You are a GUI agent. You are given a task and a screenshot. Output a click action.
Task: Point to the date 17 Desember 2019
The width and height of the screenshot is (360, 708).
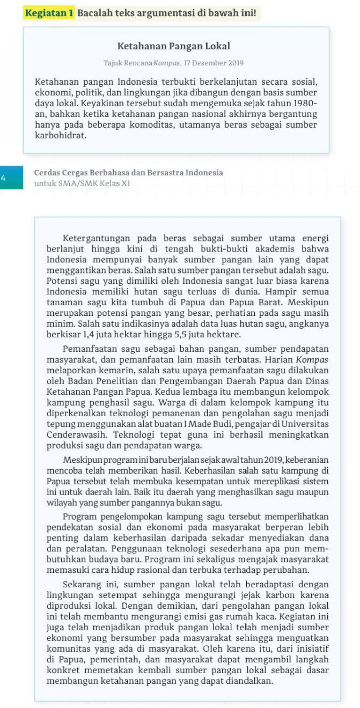(x=206, y=63)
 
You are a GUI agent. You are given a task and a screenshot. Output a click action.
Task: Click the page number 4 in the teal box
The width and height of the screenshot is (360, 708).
(x=4, y=178)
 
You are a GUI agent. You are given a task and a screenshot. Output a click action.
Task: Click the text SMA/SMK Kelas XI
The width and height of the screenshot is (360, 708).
(x=93, y=183)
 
